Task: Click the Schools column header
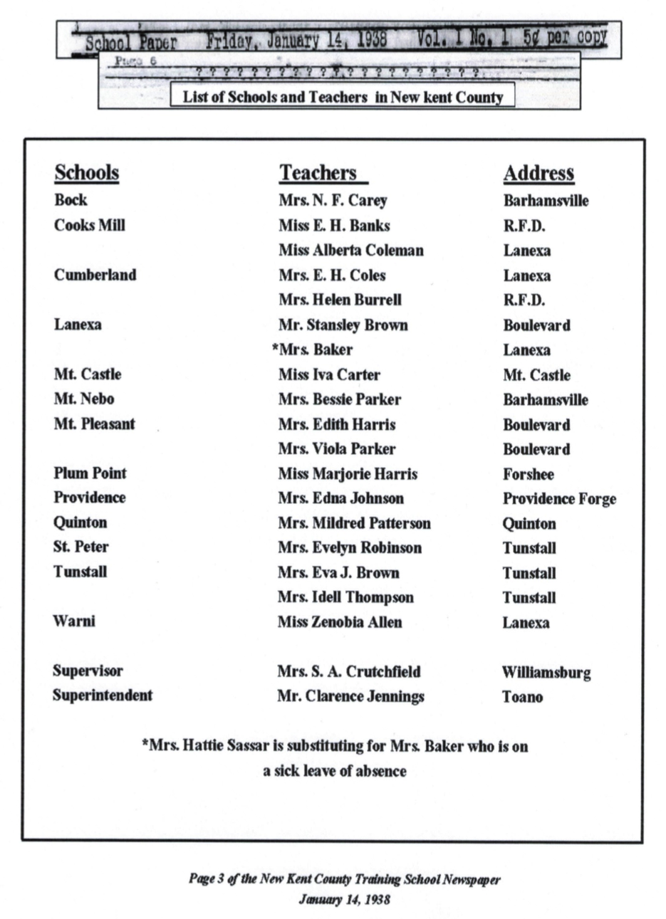[86, 173]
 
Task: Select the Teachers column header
[318, 173]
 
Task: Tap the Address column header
[538, 173]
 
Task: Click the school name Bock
[71, 200]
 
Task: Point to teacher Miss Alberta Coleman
[350, 251]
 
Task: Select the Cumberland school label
[95, 275]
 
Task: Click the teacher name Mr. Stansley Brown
[343, 325]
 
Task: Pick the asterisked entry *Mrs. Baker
[312, 350]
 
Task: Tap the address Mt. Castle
[536, 375]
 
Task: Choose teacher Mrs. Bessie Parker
[339, 399]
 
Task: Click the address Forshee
[528, 474]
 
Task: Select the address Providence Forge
[559, 499]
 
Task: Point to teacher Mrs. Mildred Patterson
[354, 523]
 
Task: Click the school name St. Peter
[81, 547]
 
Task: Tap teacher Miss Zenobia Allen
[339, 622]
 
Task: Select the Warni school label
[73, 621]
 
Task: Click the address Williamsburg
[546, 673]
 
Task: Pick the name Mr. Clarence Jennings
[350, 696]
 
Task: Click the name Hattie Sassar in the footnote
[212, 747]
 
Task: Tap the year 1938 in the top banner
[372, 38]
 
